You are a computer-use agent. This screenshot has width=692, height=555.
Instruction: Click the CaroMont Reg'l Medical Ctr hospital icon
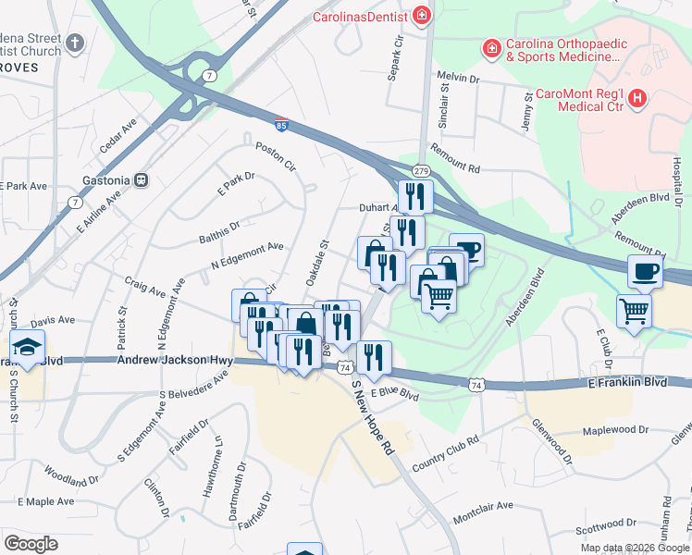pyautogui.click(x=636, y=100)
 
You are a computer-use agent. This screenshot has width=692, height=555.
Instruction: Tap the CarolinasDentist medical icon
pyautogui.click(x=422, y=15)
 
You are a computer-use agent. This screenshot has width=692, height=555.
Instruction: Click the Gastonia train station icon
pyautogui.click(x=142, y=179)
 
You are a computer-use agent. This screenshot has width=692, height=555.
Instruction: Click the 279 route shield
pyautogui.click(x=421, y=171)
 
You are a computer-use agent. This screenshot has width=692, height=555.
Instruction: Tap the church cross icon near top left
pyautogui.click(x=76, y=43)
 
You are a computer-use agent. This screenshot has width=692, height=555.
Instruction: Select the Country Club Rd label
pyautogui.click(x=445, y=453)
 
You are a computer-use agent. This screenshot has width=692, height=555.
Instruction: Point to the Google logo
pyautogui.click(x=31, y=544)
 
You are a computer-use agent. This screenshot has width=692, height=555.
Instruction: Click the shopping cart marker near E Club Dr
pyautogui.click(x=634, y=311)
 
